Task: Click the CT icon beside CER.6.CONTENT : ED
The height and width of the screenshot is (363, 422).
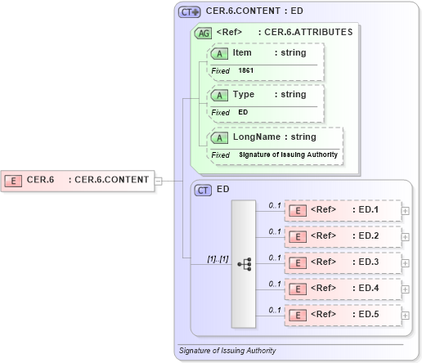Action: (191, 12)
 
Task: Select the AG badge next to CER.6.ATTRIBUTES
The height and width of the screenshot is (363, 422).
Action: (202, 33)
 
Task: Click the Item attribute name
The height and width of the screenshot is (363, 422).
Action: (242, 52)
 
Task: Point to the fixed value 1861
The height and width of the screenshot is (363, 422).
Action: (246, 71)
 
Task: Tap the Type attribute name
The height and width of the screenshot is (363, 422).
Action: (244, 94)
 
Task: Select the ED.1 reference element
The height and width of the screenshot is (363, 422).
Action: (343, 210)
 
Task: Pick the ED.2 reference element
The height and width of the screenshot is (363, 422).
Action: (343, 236)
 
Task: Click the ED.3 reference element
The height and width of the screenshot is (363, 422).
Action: (343, 262)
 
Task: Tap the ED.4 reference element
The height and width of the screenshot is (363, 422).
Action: (343, 289)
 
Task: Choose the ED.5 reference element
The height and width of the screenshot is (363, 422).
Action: (343, 315)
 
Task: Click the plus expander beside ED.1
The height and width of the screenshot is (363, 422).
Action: (406, 211)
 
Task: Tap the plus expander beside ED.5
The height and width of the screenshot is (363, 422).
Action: (406, 316)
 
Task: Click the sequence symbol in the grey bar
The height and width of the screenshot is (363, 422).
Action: (244, 263)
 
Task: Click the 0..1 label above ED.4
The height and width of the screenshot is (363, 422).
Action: (275, 284)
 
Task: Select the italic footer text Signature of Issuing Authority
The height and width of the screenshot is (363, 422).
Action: (227, 351)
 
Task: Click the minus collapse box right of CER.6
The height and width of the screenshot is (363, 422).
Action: (158, 181)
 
